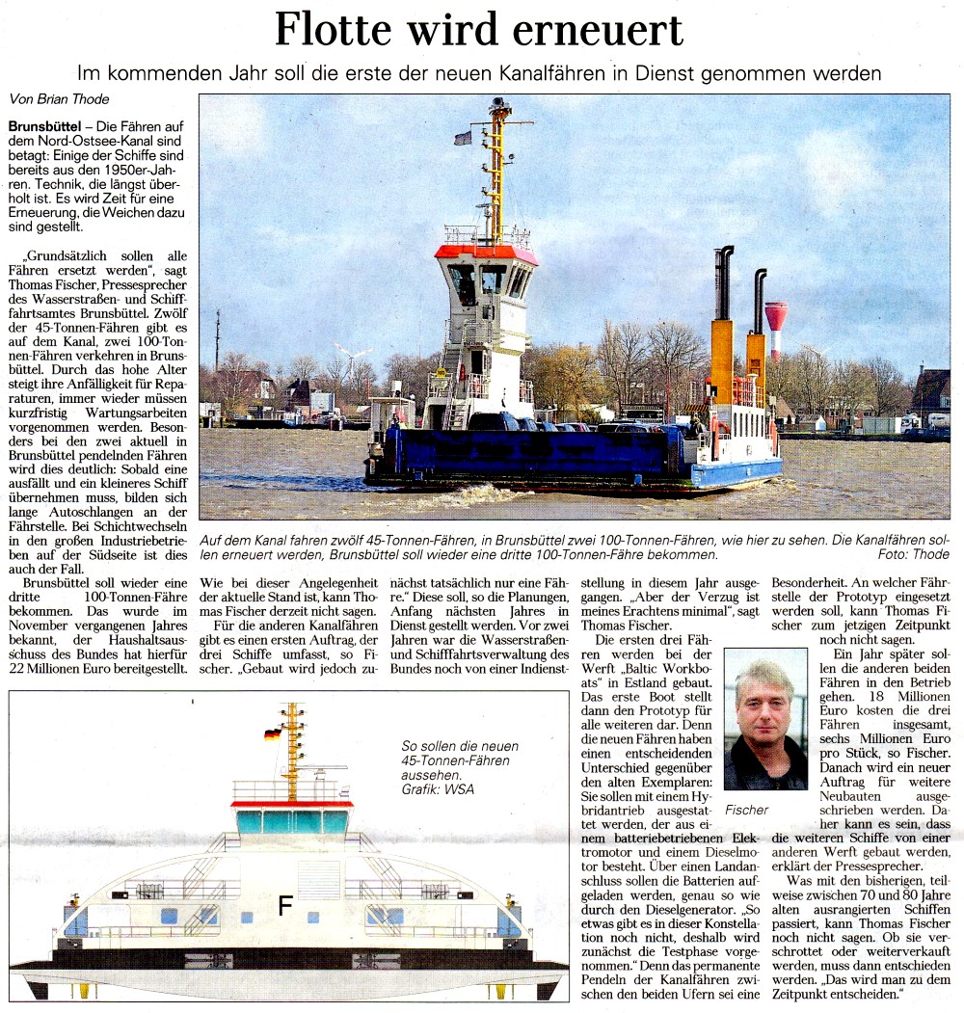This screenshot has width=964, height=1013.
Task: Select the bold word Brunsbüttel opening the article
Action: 43,127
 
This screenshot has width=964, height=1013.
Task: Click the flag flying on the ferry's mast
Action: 464,138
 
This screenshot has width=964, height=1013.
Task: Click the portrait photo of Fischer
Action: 766,719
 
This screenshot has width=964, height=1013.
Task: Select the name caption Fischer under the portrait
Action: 747,810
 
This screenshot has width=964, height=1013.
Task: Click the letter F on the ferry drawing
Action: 285,905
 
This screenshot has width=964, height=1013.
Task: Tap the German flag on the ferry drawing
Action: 272,734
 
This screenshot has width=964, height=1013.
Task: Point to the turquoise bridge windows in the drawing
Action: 291,822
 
